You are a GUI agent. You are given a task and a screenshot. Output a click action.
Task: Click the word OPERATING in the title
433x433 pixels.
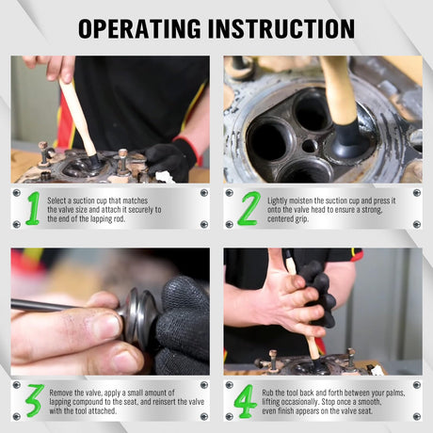pos(139,28)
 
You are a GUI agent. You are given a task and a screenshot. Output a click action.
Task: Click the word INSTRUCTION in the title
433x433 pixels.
pos(281,28)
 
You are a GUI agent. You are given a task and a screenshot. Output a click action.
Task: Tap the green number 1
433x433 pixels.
pos(34,208)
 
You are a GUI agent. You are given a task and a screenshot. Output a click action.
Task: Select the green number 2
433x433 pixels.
pos(249,208)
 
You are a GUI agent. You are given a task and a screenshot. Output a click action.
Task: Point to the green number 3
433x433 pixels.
pos(35,401)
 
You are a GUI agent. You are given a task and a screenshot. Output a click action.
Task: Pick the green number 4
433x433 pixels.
pos(246,401)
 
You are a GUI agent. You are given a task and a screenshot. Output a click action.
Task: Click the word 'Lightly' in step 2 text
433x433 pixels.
pos(277,200)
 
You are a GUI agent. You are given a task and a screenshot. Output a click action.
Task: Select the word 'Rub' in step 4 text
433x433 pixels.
pos(267,393)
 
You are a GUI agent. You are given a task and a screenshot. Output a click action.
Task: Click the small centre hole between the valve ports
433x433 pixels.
pos(310,146)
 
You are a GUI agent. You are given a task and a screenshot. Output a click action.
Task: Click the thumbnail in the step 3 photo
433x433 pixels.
pos(107,325)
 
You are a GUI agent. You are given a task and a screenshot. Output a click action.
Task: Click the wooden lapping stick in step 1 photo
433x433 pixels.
pos(78,117)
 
